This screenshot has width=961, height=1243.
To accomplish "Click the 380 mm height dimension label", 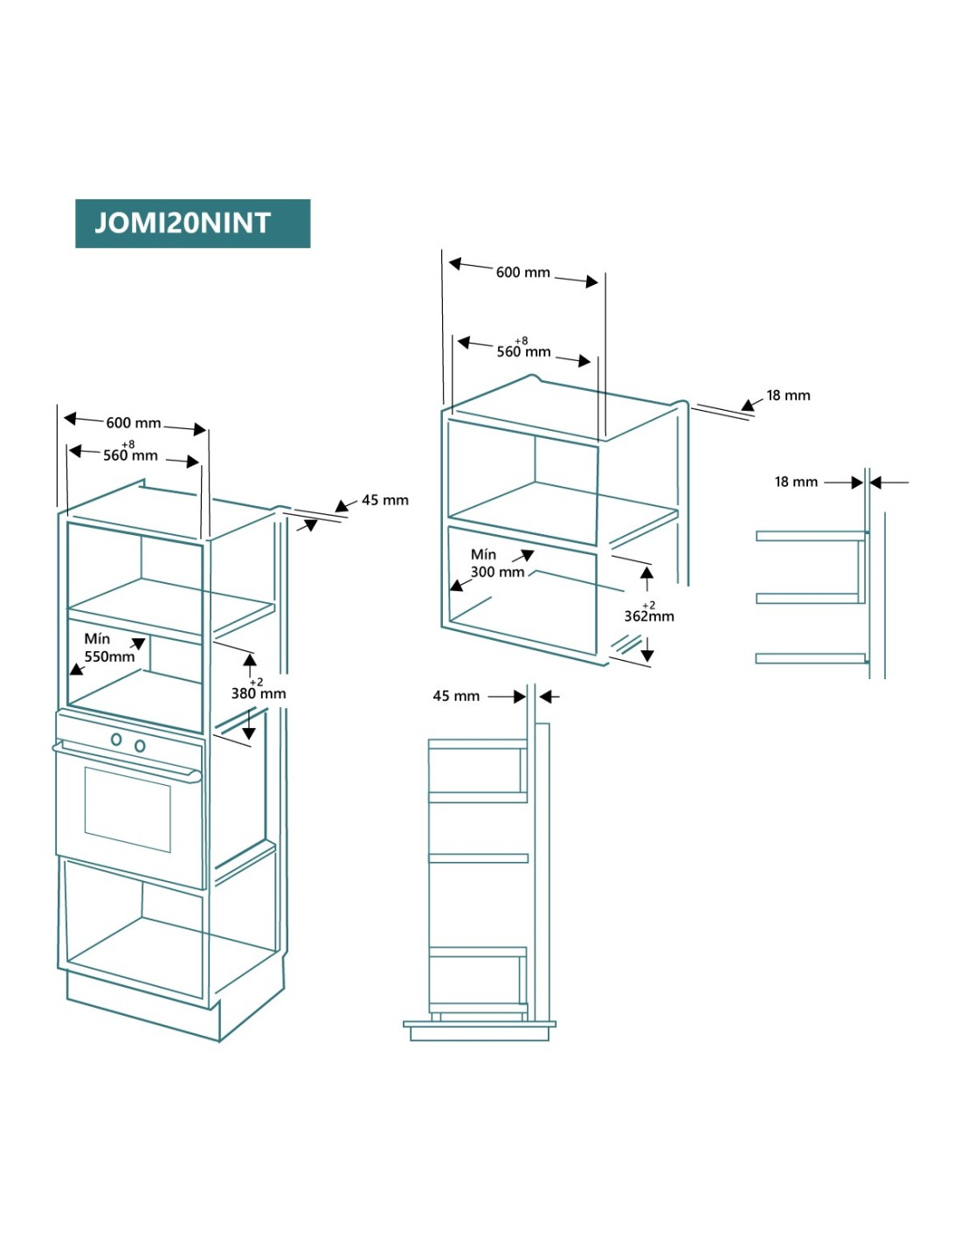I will click(x=258, y=693).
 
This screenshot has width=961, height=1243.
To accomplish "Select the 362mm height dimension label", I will click(x=648, y=615).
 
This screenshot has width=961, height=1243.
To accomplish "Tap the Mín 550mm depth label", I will click(x=109, y=648).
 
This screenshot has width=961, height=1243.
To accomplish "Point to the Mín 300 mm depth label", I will click(x=496, y=564).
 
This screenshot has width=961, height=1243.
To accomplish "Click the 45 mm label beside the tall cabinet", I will click(x=384, y=500).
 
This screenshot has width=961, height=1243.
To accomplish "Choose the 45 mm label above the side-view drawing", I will click(x=456, y=696).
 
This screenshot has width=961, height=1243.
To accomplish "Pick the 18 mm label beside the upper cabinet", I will click(x=788, y=395).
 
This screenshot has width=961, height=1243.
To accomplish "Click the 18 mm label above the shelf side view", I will click(x=796, y=482).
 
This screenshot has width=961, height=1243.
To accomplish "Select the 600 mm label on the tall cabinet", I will click(x=134, y=423).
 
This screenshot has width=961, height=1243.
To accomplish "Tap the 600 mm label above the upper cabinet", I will click(x=522, y=273).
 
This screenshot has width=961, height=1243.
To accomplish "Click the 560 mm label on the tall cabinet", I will click(x=130, y=455).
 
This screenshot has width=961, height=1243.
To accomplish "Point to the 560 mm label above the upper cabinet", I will click(x=523, y=351).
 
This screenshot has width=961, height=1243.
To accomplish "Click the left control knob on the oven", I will click(x=116, y=740).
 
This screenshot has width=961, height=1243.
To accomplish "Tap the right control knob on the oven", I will click(x=140, y=746).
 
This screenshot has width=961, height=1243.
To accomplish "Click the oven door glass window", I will click(x=128, y=809).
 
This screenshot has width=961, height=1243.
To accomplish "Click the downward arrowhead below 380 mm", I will click(x=249, y=733).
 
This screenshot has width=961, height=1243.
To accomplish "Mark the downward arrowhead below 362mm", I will click(x=647, y=655).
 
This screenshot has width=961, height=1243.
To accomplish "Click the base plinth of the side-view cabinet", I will click(x=480, y=1032).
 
